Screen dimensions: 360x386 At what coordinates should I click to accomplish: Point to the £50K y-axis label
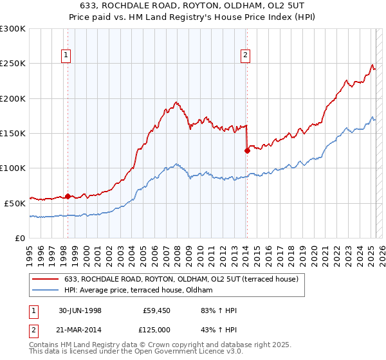[x=14, y=203]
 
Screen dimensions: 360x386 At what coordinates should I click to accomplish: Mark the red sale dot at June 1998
[x=68, y=196]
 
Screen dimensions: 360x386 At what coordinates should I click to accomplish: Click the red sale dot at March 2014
[x=247, y=151]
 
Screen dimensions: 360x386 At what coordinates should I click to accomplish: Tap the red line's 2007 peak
[x=176, y=102]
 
